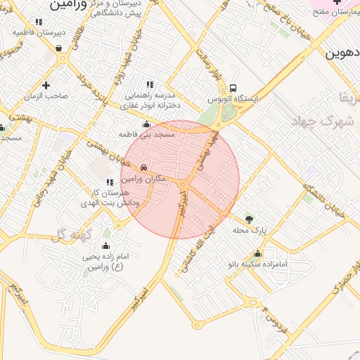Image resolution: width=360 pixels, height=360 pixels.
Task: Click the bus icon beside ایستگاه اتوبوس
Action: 232,88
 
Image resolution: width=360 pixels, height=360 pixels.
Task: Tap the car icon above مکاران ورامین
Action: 143,168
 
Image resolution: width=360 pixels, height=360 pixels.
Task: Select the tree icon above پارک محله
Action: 248,218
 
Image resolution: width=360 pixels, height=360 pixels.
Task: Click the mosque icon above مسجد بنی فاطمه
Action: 147,124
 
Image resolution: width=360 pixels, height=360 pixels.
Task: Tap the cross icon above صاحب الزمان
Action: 46,85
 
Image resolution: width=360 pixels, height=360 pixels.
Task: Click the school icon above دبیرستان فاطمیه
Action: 38,22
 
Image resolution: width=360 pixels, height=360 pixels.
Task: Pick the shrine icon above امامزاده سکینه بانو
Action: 259,254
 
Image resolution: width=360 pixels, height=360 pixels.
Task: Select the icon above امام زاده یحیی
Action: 106,246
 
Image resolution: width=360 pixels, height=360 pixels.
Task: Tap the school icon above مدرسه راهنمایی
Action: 148,84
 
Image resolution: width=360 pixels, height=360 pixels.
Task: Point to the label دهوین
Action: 343,53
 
